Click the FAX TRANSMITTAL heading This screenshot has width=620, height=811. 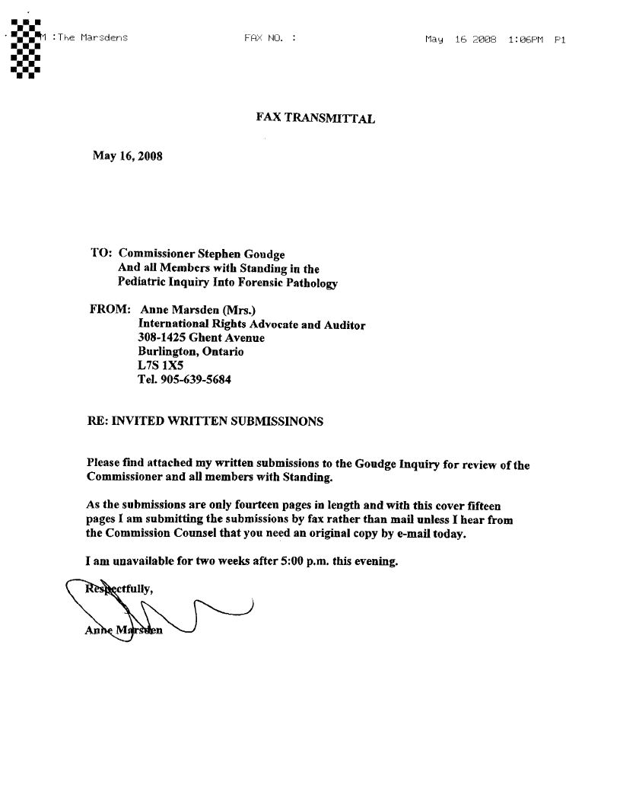(x=315, y=117)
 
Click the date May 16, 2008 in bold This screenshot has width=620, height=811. (x=127, y=156)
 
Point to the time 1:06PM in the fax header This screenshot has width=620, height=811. (x=525, y=40)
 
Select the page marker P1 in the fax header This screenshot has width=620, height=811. (x=560, y=40)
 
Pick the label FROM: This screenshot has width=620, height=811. (x=110, y=310)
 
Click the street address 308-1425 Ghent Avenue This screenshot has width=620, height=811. (x=201, y=338)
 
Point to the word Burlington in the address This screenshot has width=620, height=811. (x=168, y=352)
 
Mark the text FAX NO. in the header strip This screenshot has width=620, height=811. (x=264, y=37)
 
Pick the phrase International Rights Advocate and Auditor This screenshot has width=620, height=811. (x=251, y=324)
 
